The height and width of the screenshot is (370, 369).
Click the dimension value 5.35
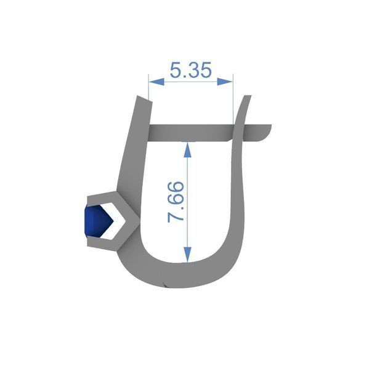pos(190,70)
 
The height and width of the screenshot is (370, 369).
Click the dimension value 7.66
pos(176,202)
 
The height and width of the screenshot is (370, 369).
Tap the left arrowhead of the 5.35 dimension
pos(156,82)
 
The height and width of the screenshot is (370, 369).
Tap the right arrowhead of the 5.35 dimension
pos(225,82)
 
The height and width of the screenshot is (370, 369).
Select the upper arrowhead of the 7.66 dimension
pos(187,149)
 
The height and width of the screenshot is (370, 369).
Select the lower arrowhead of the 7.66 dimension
pos(187,254)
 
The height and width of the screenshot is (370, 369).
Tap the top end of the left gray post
pos(144,99)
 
